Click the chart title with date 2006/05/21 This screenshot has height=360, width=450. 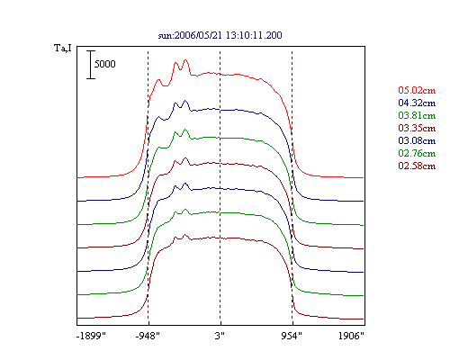tap(220, 35)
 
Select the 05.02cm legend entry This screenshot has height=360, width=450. tap(417, 90)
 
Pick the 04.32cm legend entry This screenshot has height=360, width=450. tap(417, 103)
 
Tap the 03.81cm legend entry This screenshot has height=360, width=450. tap(417, 115)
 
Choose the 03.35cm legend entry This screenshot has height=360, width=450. tap(417, 128)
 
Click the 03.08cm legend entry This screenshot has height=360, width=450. tap(417, 140)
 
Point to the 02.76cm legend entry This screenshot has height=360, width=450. tap(417, 153)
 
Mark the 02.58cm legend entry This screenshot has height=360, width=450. tap(417, 166)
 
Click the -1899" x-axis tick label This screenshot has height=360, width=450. tap(91, 336)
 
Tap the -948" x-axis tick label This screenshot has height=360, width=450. tap(148, 336)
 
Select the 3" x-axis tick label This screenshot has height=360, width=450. tap(220, 336)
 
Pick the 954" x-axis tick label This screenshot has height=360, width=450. tap(292, 336)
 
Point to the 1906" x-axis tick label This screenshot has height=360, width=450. tap(351, 336)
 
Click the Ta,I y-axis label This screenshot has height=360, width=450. tap(63, 49)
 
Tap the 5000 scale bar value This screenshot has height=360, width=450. tap(105, 64)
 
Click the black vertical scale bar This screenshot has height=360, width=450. tap(91, 65)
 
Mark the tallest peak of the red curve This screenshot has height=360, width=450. tap(185, 60)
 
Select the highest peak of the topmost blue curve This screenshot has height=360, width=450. tap(185, 101)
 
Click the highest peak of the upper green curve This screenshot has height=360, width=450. tap(185, 130)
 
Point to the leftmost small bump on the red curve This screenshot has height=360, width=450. tap(158, 80)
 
